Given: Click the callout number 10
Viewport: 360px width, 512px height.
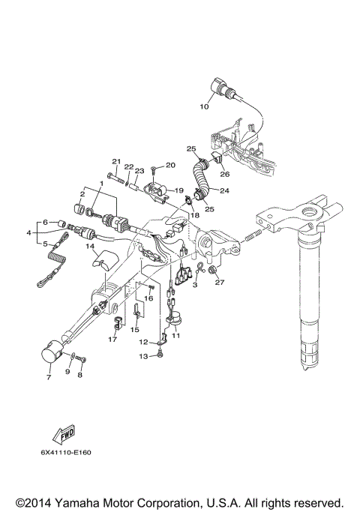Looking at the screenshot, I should [x=204, y=107].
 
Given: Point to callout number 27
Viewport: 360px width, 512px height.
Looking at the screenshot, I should [x=220, y=282].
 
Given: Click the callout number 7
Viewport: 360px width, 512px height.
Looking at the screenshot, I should [x=49, y=378].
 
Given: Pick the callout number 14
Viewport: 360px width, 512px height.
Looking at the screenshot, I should [x=88, y=245].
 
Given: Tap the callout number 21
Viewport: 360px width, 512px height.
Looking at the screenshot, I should [x=116, y=162].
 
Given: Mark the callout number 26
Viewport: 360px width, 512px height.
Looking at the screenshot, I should [x=226, y=175].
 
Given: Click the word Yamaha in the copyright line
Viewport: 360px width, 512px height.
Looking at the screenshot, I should [x=108, y=502].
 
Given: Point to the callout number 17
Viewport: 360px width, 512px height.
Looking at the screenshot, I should [x=112, y=340].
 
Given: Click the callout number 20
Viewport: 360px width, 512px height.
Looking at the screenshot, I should [x=169, y=165].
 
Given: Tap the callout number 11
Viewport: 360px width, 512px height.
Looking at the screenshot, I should [x=177, y=337].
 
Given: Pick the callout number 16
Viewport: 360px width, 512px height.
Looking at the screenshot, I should [x=148, y=298].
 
